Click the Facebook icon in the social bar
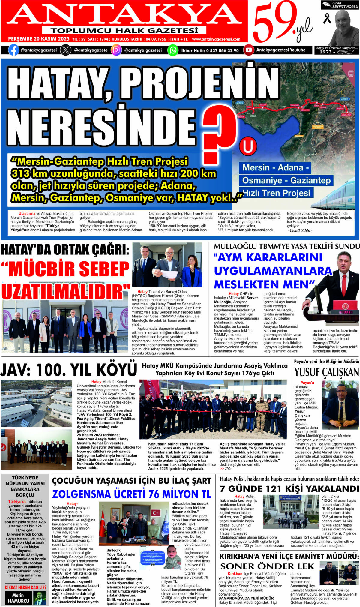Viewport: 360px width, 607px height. tap(14, 50)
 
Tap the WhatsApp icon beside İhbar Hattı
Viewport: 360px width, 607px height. tap(173, 50)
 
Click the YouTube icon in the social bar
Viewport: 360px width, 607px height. tap(248, 50)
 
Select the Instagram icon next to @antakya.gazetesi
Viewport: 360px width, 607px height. tap(116, 50)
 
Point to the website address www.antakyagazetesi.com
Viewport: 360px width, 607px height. tap(216, 39)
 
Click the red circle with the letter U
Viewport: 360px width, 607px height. tap(248, 146)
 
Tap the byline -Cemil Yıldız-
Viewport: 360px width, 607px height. tap(300, 230)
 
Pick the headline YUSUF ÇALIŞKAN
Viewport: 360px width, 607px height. tap(326, 372)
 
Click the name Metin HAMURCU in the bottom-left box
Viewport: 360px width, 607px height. tap(19, 598)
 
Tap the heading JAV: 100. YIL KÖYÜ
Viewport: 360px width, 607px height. tap(69, 370)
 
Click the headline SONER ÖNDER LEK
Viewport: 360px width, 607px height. tap(267, 566)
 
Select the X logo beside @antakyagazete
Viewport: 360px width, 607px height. tap(66, 50)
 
